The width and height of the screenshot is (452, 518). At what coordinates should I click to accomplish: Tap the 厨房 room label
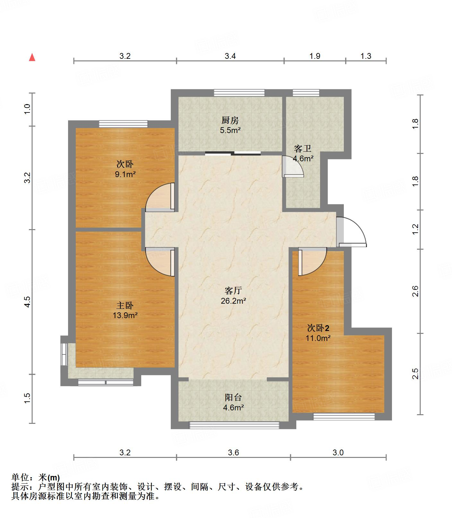tap(230, 121)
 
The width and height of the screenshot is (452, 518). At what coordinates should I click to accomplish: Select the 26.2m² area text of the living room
tap(233, 301)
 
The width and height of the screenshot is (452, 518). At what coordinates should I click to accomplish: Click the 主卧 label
tap(125, 305)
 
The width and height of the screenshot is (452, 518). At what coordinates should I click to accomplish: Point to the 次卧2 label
tap(318, 328)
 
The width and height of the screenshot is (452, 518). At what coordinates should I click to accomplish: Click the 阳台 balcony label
tap(233, 397)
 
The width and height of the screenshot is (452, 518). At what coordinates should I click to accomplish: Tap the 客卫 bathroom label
tap(303, 148)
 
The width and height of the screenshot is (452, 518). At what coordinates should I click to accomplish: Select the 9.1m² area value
tap(125, 174)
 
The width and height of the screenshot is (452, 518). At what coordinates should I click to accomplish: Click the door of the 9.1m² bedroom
tap(160, 197)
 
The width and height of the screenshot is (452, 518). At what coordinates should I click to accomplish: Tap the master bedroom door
tap(160, 262)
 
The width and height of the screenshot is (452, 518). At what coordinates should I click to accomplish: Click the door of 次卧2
tap(312, 262)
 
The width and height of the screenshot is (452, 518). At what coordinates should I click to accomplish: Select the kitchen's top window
tap(239, 93)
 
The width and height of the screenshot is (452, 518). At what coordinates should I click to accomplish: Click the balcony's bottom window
tap(234, 425)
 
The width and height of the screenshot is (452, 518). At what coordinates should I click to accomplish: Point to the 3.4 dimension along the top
tap(230, 56)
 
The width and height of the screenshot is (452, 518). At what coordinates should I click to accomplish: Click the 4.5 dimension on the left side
tap(28, 302)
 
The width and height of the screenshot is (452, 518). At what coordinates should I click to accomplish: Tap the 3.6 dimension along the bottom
tap(233, 452)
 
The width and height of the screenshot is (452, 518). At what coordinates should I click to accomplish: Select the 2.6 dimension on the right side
tap(415, 291)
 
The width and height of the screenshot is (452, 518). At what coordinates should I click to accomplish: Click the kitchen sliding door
tap(233, 153)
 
